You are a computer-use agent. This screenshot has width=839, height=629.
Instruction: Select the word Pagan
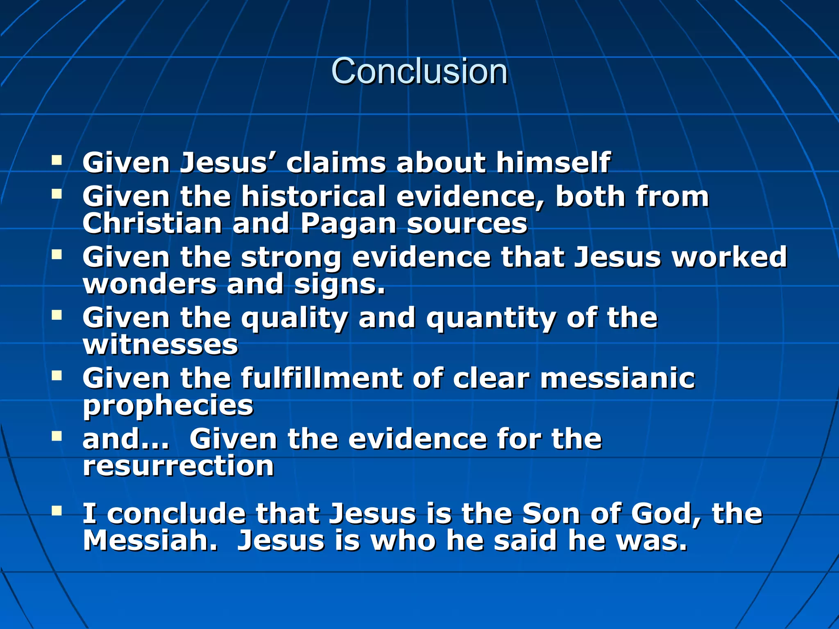pyautogui.click(x=349, y=224)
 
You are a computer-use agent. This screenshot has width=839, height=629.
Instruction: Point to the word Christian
pyautogui.click(x=152, y=224)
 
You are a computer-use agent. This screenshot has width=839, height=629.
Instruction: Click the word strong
pyautogui.click(x=291, y=258)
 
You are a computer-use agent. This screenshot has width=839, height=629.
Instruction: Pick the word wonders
pyautogui.click(x=149, y=284)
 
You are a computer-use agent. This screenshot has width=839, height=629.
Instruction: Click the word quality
pyautogui.click(x=294, y=319)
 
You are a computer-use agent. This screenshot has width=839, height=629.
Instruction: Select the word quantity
pyautogui.click(x=491, y=319)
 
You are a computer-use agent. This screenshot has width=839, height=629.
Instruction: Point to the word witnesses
pyautogui.click(x=160, y=345)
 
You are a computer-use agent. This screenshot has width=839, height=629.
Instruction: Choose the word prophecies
pyautogui.click(x=168, y=406)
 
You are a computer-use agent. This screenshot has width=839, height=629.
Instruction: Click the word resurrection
pyautogui.click(x=178, y=466)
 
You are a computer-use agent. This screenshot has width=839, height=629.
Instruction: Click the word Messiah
pyautogui.click(x=150, y=541)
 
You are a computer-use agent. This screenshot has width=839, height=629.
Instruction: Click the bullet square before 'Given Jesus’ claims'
pyautogui.click(x=57, y=160)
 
